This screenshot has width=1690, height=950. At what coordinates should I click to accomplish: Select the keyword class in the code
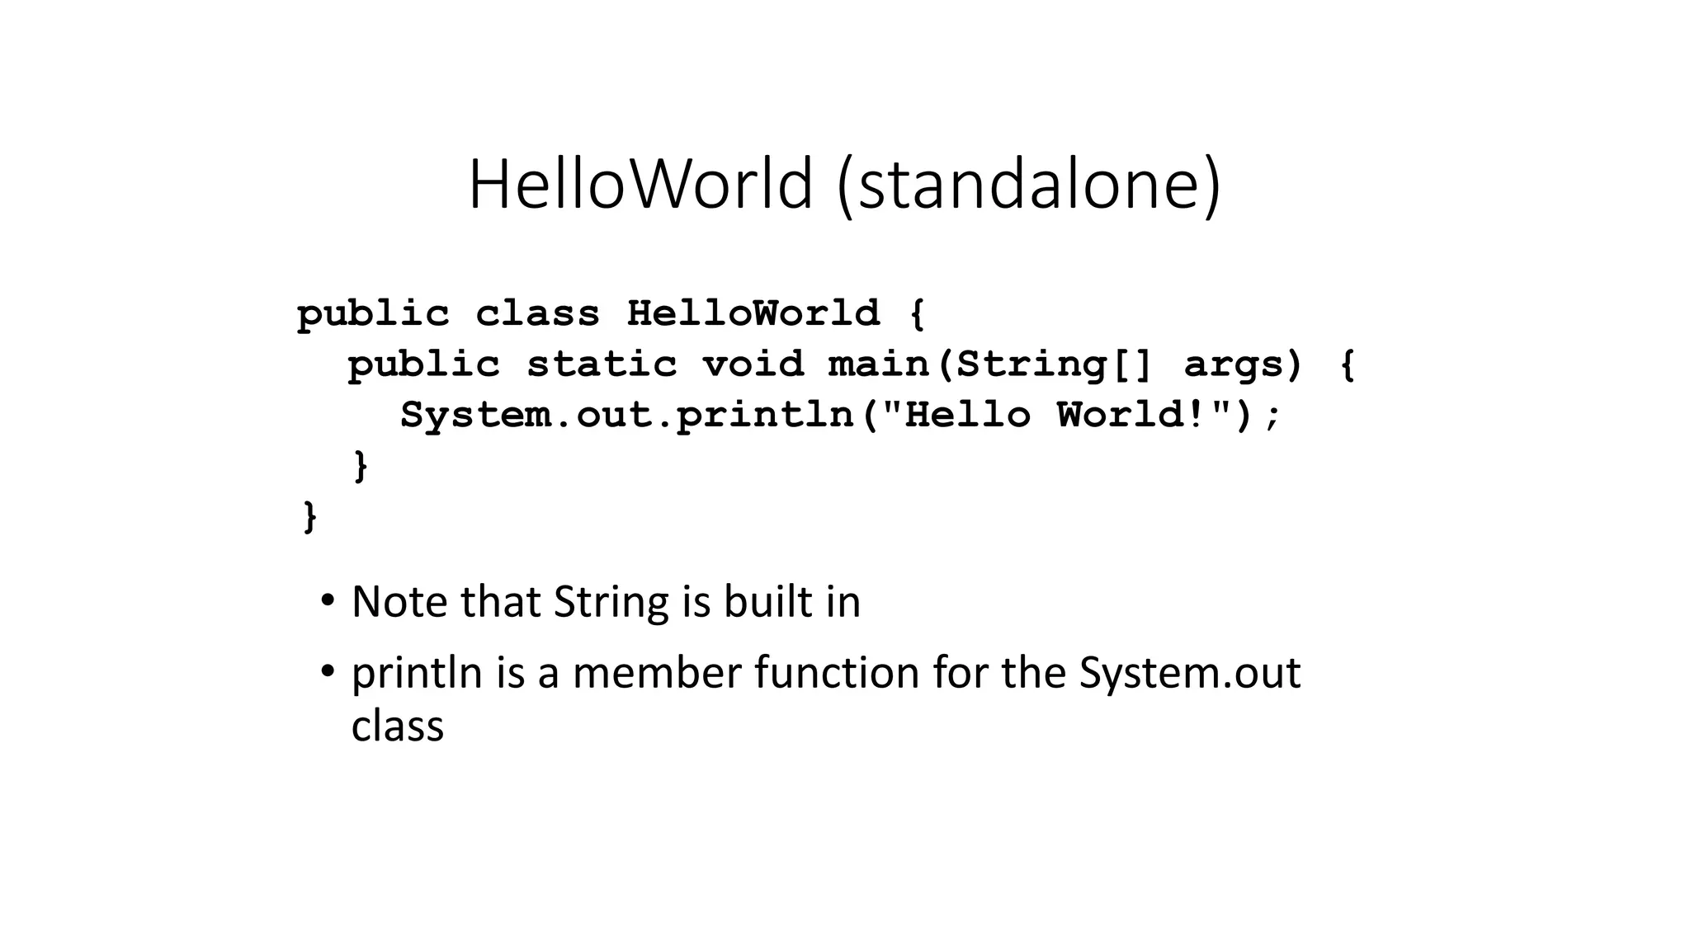537,313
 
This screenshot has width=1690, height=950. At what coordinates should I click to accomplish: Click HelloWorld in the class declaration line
753,313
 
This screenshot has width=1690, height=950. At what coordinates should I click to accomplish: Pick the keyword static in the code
602,364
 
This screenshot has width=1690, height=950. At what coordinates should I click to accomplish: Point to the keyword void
753,364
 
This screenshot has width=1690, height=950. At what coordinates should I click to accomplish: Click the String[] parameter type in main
1053,364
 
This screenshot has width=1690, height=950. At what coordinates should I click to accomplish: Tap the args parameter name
1243,364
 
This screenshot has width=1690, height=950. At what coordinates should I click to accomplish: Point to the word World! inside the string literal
1132,414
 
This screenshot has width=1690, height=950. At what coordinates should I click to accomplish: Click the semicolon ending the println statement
1272,416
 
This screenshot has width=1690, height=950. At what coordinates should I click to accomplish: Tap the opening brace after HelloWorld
917,314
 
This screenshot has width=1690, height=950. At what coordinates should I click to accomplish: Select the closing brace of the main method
360,466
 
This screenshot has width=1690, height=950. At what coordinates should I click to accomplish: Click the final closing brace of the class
309,517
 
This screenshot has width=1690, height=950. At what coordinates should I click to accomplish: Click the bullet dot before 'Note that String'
328,600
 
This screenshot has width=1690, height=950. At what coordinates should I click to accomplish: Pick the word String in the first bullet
611,601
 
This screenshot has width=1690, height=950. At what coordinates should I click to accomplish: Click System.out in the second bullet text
1189,672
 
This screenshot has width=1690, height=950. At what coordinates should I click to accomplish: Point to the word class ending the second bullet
397,726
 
